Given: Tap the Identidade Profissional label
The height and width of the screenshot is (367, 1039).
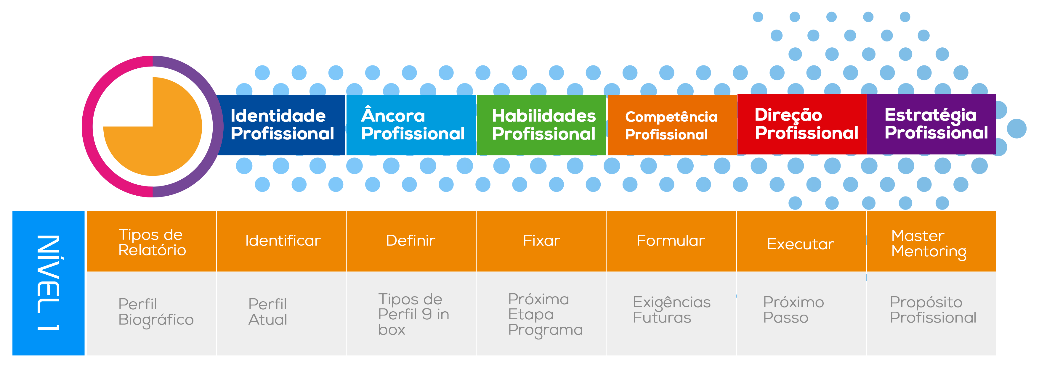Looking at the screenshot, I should click(x=282, y=125).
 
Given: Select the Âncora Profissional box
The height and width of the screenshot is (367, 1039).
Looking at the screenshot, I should click(x=412, y=125).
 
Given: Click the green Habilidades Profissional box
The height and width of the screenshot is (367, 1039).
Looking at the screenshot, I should click(x=543, y=125).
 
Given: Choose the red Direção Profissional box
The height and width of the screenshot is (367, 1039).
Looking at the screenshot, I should click(x=806, y=124).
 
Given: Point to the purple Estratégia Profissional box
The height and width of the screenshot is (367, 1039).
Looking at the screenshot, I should click(x=936, y=124).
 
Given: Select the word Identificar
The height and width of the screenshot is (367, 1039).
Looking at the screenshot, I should click(x=283, y=241).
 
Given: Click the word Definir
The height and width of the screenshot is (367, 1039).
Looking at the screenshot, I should click(x=410, y=241).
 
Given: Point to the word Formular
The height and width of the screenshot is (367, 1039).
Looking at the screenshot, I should click(x=670, y=241).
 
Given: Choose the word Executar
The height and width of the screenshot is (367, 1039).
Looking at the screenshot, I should click(x=800, y=244).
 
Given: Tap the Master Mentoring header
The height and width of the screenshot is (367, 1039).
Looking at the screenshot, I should click(x=929, y=243).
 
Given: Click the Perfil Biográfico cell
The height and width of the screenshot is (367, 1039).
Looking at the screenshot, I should click(x=156, y=312).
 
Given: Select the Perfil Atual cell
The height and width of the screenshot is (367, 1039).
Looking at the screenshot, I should click(x=267, y=312).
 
